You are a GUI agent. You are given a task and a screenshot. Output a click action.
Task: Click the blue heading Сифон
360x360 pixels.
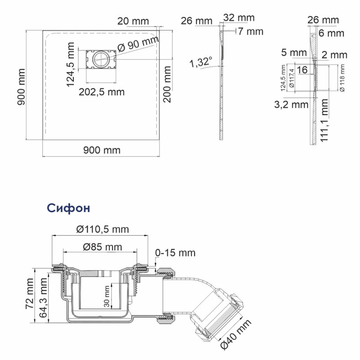(x=68, y=208)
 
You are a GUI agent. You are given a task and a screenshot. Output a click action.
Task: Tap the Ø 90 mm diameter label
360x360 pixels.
(x=138, y=44)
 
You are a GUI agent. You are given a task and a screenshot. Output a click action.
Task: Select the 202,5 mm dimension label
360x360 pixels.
(x=102, y=92)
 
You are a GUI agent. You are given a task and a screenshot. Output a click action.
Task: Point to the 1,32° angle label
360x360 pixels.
(x=201, y=62)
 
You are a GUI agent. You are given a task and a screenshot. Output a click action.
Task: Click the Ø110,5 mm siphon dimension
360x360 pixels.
(x=103, y=229)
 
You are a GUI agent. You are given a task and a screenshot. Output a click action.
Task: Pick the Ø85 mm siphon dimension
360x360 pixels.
(x=102, y=247)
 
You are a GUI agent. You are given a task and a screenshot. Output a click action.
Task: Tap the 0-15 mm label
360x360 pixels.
(x=175, y=253)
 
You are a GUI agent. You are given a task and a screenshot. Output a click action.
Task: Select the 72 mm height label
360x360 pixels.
(x=30, y=294)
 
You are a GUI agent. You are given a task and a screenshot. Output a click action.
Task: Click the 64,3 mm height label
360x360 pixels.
(x=43, y=298)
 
